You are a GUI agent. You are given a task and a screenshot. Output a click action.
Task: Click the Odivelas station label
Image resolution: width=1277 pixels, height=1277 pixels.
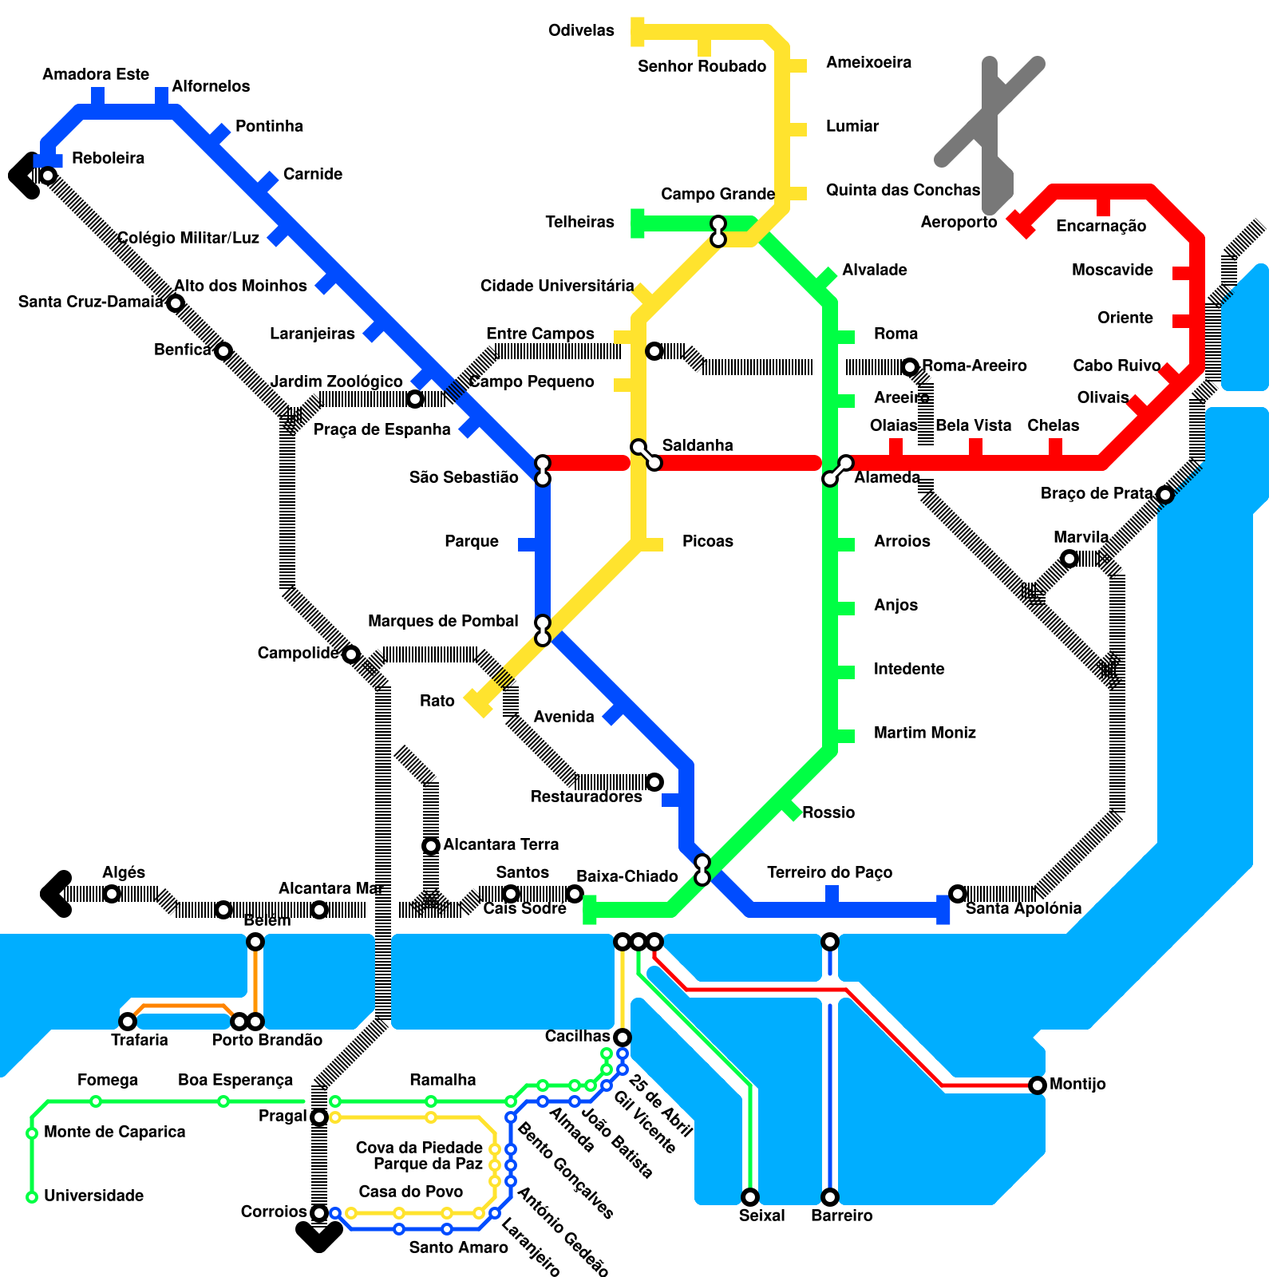tap(581, 31)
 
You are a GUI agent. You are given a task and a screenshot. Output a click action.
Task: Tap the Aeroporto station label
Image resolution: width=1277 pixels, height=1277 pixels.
tap(959, 222)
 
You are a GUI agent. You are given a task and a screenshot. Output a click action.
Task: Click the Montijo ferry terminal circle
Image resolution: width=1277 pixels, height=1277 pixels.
tap(1037, 1085)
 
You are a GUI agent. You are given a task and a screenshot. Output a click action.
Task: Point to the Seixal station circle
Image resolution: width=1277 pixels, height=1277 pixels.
tap(749, 1196)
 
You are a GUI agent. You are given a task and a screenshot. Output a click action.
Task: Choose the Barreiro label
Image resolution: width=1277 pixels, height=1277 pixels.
tap(841, 1216)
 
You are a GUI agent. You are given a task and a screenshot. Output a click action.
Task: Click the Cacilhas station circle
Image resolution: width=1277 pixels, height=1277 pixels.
tap(622, 1038)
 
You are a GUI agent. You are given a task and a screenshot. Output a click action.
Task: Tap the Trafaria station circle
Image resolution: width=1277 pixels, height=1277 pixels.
tap(127, 1022)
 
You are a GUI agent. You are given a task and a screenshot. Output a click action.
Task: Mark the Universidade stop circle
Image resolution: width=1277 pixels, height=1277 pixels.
tap(32, 1197)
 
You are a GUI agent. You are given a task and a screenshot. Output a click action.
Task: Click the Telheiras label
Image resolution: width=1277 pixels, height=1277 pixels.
tap(579, 222)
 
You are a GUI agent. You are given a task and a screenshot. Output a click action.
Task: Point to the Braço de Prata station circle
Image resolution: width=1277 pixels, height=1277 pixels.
tap(1164, 495)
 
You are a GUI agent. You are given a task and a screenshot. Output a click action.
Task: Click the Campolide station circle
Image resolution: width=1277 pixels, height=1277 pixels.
tap(350, 654)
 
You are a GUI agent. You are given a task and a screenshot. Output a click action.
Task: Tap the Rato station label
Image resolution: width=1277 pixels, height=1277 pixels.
tap(437, 701)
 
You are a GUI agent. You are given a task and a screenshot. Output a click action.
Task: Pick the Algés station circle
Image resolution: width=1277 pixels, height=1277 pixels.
tap(112, 894)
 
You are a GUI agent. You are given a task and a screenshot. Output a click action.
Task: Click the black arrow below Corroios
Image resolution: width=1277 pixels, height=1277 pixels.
tap(318, 1237)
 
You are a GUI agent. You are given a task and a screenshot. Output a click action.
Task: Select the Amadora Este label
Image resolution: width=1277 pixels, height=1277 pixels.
tap(96, 74)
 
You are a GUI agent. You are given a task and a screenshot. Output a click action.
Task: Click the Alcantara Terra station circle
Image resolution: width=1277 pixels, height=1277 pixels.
tap(430, 846)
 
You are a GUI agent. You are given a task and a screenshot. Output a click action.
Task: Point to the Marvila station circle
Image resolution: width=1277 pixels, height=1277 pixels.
tap(1069, 559)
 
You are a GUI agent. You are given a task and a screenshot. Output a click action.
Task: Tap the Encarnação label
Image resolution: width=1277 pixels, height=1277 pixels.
tap(1101, 227)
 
